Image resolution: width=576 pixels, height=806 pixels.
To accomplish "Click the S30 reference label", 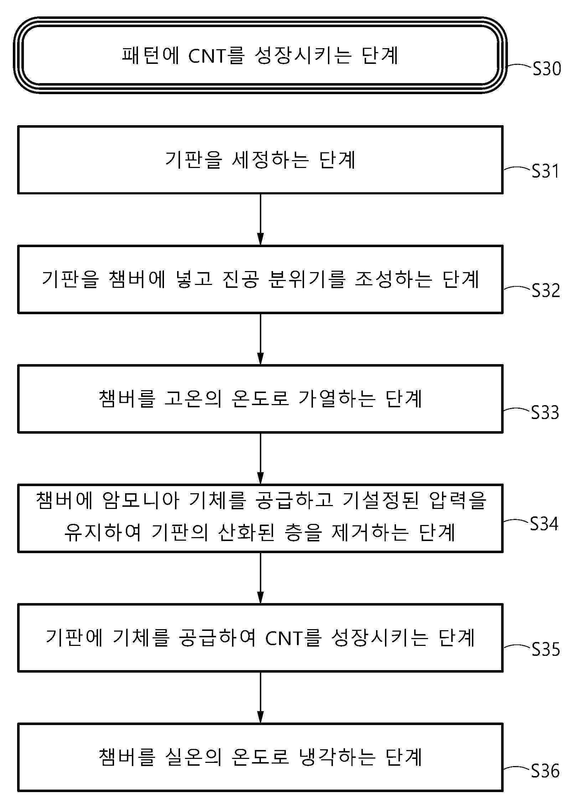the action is pyautogui.click(x=547, y=68).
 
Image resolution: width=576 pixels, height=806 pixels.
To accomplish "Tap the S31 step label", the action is pyautogui.click(x=545, y=171).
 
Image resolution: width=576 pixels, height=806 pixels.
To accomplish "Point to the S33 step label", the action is pyautogui.click(x=545, y=412).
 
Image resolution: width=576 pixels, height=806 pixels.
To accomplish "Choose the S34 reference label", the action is pyautogui.click(x=544, y=524).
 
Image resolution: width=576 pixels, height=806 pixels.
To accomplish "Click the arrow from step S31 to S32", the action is pyautogui.click(x=261, y=219).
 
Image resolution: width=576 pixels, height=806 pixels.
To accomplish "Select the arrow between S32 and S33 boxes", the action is pyautogui.click(x=261, y=339).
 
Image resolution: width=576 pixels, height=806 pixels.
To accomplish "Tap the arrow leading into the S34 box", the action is pyautogui.click(x=261, y=458).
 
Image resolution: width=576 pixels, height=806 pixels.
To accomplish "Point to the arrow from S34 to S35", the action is pyautogui.click(x=261, y=578).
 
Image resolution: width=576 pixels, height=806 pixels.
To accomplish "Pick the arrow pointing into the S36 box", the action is pyautogui.click(x=261, y=697).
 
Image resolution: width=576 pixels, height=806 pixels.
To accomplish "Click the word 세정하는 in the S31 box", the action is pyautogui.click(x=271, y=160).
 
